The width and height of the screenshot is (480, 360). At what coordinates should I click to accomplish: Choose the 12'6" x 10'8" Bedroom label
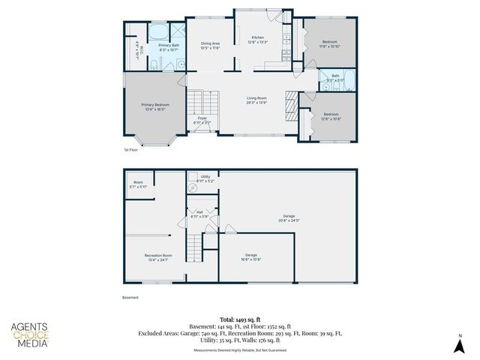pyautogui.click(x=331, y=117)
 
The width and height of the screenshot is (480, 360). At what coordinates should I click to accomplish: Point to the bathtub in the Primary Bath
pyautogui.click(x=159, y=31)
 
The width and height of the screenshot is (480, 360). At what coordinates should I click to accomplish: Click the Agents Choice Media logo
pyautogui.click(x=30, y=334)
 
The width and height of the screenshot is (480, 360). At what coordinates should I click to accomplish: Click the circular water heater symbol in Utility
pyautogui.click(x=192, y=190)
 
